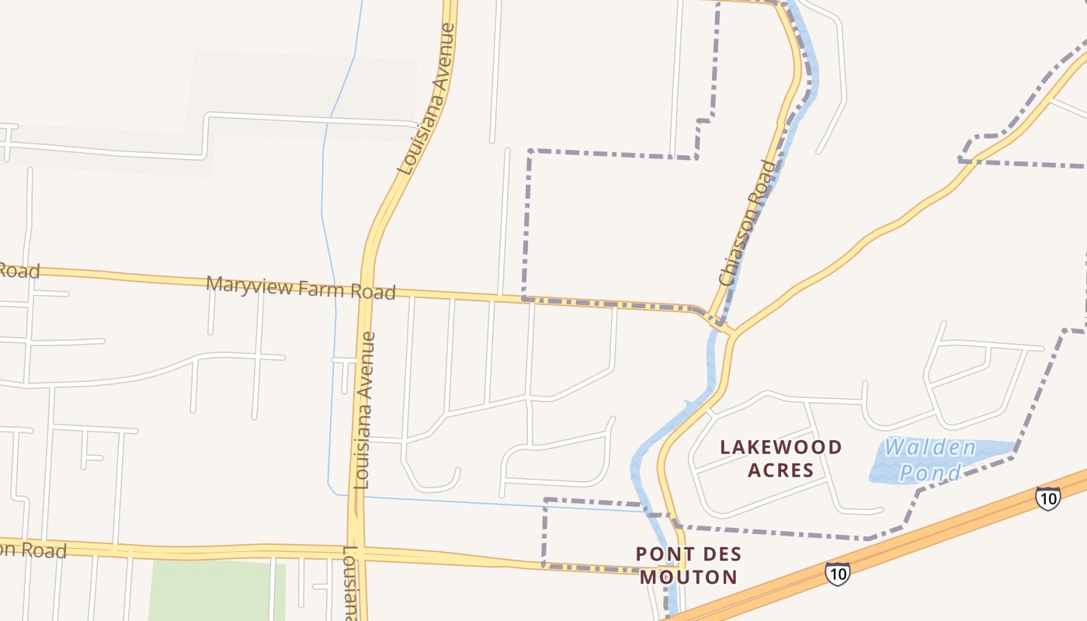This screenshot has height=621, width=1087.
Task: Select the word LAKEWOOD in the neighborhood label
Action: pyautogui.click(x=781, y=447)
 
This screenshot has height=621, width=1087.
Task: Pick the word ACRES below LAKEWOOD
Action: pyautogui.click(x=781, y=470)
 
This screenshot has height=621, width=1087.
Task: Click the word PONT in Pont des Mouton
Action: pyautogui.click(x=662, y=554)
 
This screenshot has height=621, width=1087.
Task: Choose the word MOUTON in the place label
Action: pyautogui.click(x=688, y=577)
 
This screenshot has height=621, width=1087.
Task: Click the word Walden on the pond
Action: pyautogui.click(x=930, y=448)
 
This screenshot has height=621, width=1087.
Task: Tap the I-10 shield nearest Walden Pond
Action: pyautogui.click(x=1047, y=498)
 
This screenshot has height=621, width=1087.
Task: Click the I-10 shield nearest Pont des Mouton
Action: pyautogui.click(x=837, y=574)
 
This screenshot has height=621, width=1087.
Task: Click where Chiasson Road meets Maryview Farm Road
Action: pyautogui.click(x=710, y=314)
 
